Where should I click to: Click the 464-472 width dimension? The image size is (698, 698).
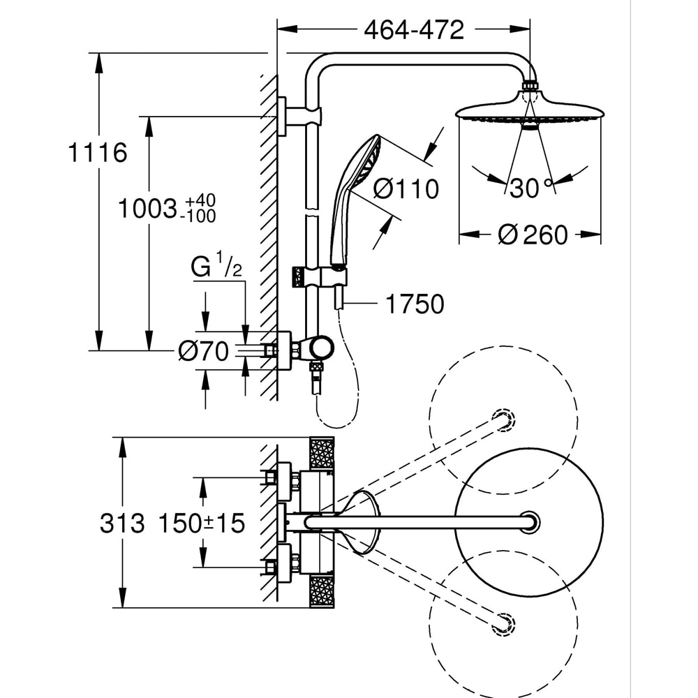click(x=413, y=30)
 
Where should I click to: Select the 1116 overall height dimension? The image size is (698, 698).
click(x=98, y=153)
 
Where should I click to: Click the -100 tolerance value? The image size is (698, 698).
click(x=198, y=216)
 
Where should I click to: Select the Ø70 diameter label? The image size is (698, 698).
click(x=203, y=352)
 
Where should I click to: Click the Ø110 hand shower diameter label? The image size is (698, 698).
click(x=406, y=188)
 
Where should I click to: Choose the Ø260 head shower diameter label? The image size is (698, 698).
click(x=533, y=235)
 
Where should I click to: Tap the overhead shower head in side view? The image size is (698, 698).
click(x=529, y=114)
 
